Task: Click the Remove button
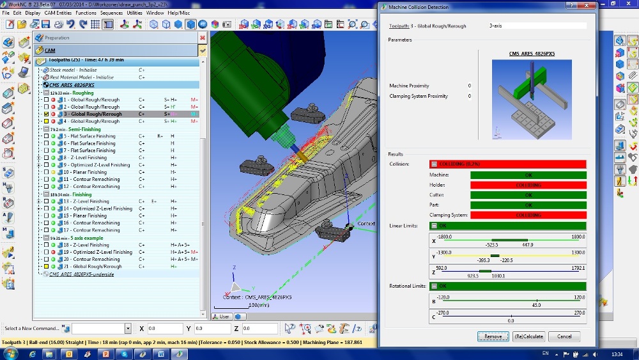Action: point(493,336)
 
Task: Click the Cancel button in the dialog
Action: point(564,336)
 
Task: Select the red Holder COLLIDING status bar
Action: point(528,185)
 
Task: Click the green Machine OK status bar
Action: point(528,175)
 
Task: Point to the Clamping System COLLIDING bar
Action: point(528,215)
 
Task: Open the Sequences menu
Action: point(111,13)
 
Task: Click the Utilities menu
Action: point(135,13)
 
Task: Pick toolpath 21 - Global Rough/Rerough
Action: point(91,267)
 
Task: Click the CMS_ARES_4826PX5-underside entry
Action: point(81,274)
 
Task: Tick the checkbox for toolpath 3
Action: point(46,114)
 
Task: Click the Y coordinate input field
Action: point(217,329)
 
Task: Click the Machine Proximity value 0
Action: point(469,86)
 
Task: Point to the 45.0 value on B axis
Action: point(537,305)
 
